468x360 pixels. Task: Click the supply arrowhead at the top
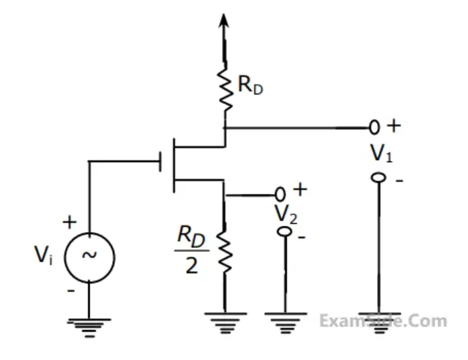tap(224, 21)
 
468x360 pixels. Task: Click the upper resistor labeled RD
tap(226, 89)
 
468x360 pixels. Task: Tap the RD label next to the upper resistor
tap(250, 86)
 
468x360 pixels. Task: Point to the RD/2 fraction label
tap(192, 250)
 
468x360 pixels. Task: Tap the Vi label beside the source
tap(44, 255)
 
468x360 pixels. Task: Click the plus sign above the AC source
tap(70, 222)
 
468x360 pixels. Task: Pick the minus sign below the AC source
tap(71, 290)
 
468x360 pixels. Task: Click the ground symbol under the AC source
tap(89, 328)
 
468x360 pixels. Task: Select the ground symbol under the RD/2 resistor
tap(225, 323)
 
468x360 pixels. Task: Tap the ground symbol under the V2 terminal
tap(285, 323)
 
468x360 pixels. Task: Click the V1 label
tap(381, 153)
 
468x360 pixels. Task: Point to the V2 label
tap(286, 214)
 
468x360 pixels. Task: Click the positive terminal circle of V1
tap(374, 127)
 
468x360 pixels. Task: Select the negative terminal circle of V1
tap(378, 178)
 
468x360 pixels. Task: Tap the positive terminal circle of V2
tap(280, 194)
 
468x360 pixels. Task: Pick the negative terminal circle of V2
tap(285, 231)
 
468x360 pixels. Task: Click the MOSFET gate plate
tap(161, 162)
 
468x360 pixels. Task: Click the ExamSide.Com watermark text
tap(383, 321)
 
